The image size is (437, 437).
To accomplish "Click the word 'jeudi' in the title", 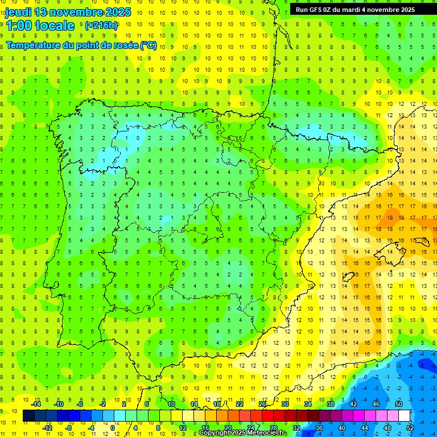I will point(18,12).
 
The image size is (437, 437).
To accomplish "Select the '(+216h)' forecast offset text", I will point(101,26).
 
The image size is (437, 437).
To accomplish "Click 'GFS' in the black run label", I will point(318,10).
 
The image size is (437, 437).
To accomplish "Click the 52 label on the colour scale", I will point(410,427).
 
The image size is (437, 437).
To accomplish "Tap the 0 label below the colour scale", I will point(113,427).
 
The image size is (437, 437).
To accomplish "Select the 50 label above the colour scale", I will point(399,404).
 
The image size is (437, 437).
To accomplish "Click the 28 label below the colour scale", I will point(273,427).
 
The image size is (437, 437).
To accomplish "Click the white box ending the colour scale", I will point(404,416).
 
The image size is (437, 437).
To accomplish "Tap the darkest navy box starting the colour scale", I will point(28,416).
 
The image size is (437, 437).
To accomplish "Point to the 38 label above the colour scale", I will point(330,404).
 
